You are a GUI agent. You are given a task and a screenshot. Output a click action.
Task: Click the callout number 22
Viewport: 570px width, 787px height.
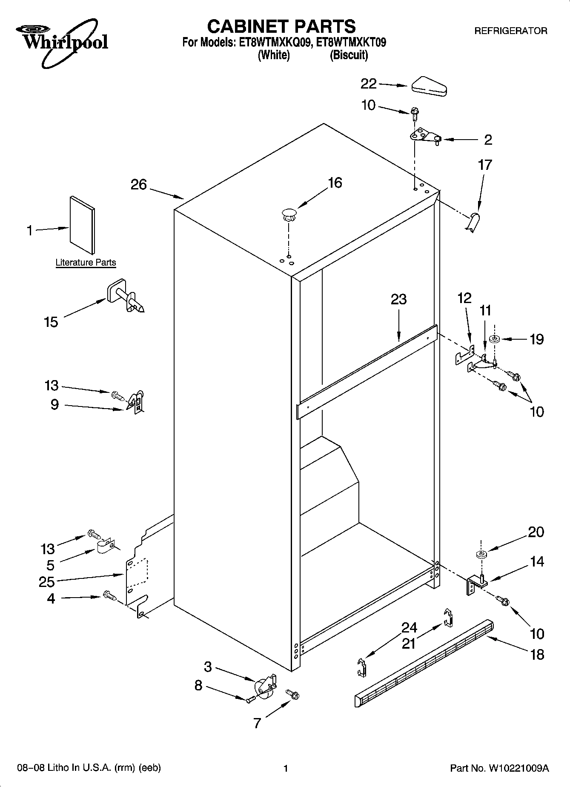[369, 84]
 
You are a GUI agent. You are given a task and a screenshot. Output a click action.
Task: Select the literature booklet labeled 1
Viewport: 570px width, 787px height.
[82, 224]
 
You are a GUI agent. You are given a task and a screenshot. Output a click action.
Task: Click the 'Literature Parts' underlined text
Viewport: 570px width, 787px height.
[86, 263]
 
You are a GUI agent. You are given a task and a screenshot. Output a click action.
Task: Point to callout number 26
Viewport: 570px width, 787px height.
[139, 185]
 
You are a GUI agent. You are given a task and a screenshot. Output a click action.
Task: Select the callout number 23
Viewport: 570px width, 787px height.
[399, 299]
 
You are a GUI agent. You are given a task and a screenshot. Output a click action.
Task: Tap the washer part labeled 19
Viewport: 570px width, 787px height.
[494, 339]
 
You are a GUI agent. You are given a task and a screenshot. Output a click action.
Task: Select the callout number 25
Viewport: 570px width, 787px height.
[46, 582]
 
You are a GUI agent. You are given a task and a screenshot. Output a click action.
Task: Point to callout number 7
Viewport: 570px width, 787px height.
[257, 723]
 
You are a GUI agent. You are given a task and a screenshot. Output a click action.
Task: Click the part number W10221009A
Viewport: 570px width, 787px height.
[518, 768]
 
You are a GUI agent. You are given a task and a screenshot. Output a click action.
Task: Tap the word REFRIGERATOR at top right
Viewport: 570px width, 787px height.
[510, 31]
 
